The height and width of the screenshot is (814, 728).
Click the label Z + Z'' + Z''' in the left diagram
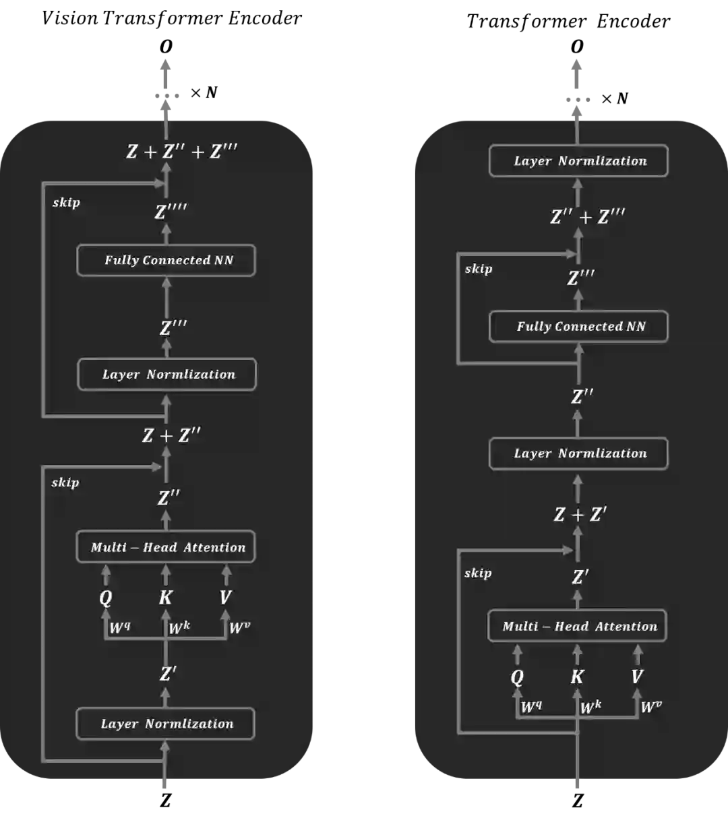click(182, 151)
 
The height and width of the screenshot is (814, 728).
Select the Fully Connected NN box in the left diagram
click(166, 260)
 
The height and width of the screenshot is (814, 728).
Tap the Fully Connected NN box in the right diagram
click(578, 327)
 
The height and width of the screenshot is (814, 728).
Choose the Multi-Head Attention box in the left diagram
click(166, 546)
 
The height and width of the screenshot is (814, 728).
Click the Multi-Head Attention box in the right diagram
click(577, 626)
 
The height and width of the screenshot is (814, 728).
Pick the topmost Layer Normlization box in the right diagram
click(578, 161)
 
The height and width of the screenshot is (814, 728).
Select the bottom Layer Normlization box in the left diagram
click(166, 724)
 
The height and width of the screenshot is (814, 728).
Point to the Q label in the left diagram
click(106, 598)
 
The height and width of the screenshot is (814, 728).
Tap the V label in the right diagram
click(637, 677)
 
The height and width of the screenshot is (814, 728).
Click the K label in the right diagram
click(577, 677)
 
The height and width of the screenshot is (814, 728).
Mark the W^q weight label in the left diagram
click(120, 628)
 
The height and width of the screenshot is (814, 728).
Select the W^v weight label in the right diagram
click(651, 707)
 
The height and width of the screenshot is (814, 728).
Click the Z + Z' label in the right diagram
click(580, 515)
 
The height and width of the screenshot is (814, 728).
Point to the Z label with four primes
click(171, 212)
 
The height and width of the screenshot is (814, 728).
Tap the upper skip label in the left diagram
click(66, 202)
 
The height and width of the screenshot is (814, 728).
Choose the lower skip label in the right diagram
click(478, 573)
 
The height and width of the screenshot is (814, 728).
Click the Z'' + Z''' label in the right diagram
click(588, 216)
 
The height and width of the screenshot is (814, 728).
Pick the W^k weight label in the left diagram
click(179, 628)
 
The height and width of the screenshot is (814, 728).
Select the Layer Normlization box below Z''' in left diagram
click(167, 374)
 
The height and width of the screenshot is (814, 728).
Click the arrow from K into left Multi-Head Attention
click(166, 575)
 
